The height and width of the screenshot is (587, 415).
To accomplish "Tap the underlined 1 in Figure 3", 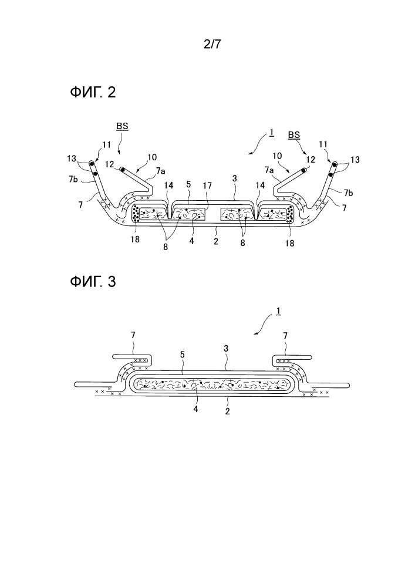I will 277,317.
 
